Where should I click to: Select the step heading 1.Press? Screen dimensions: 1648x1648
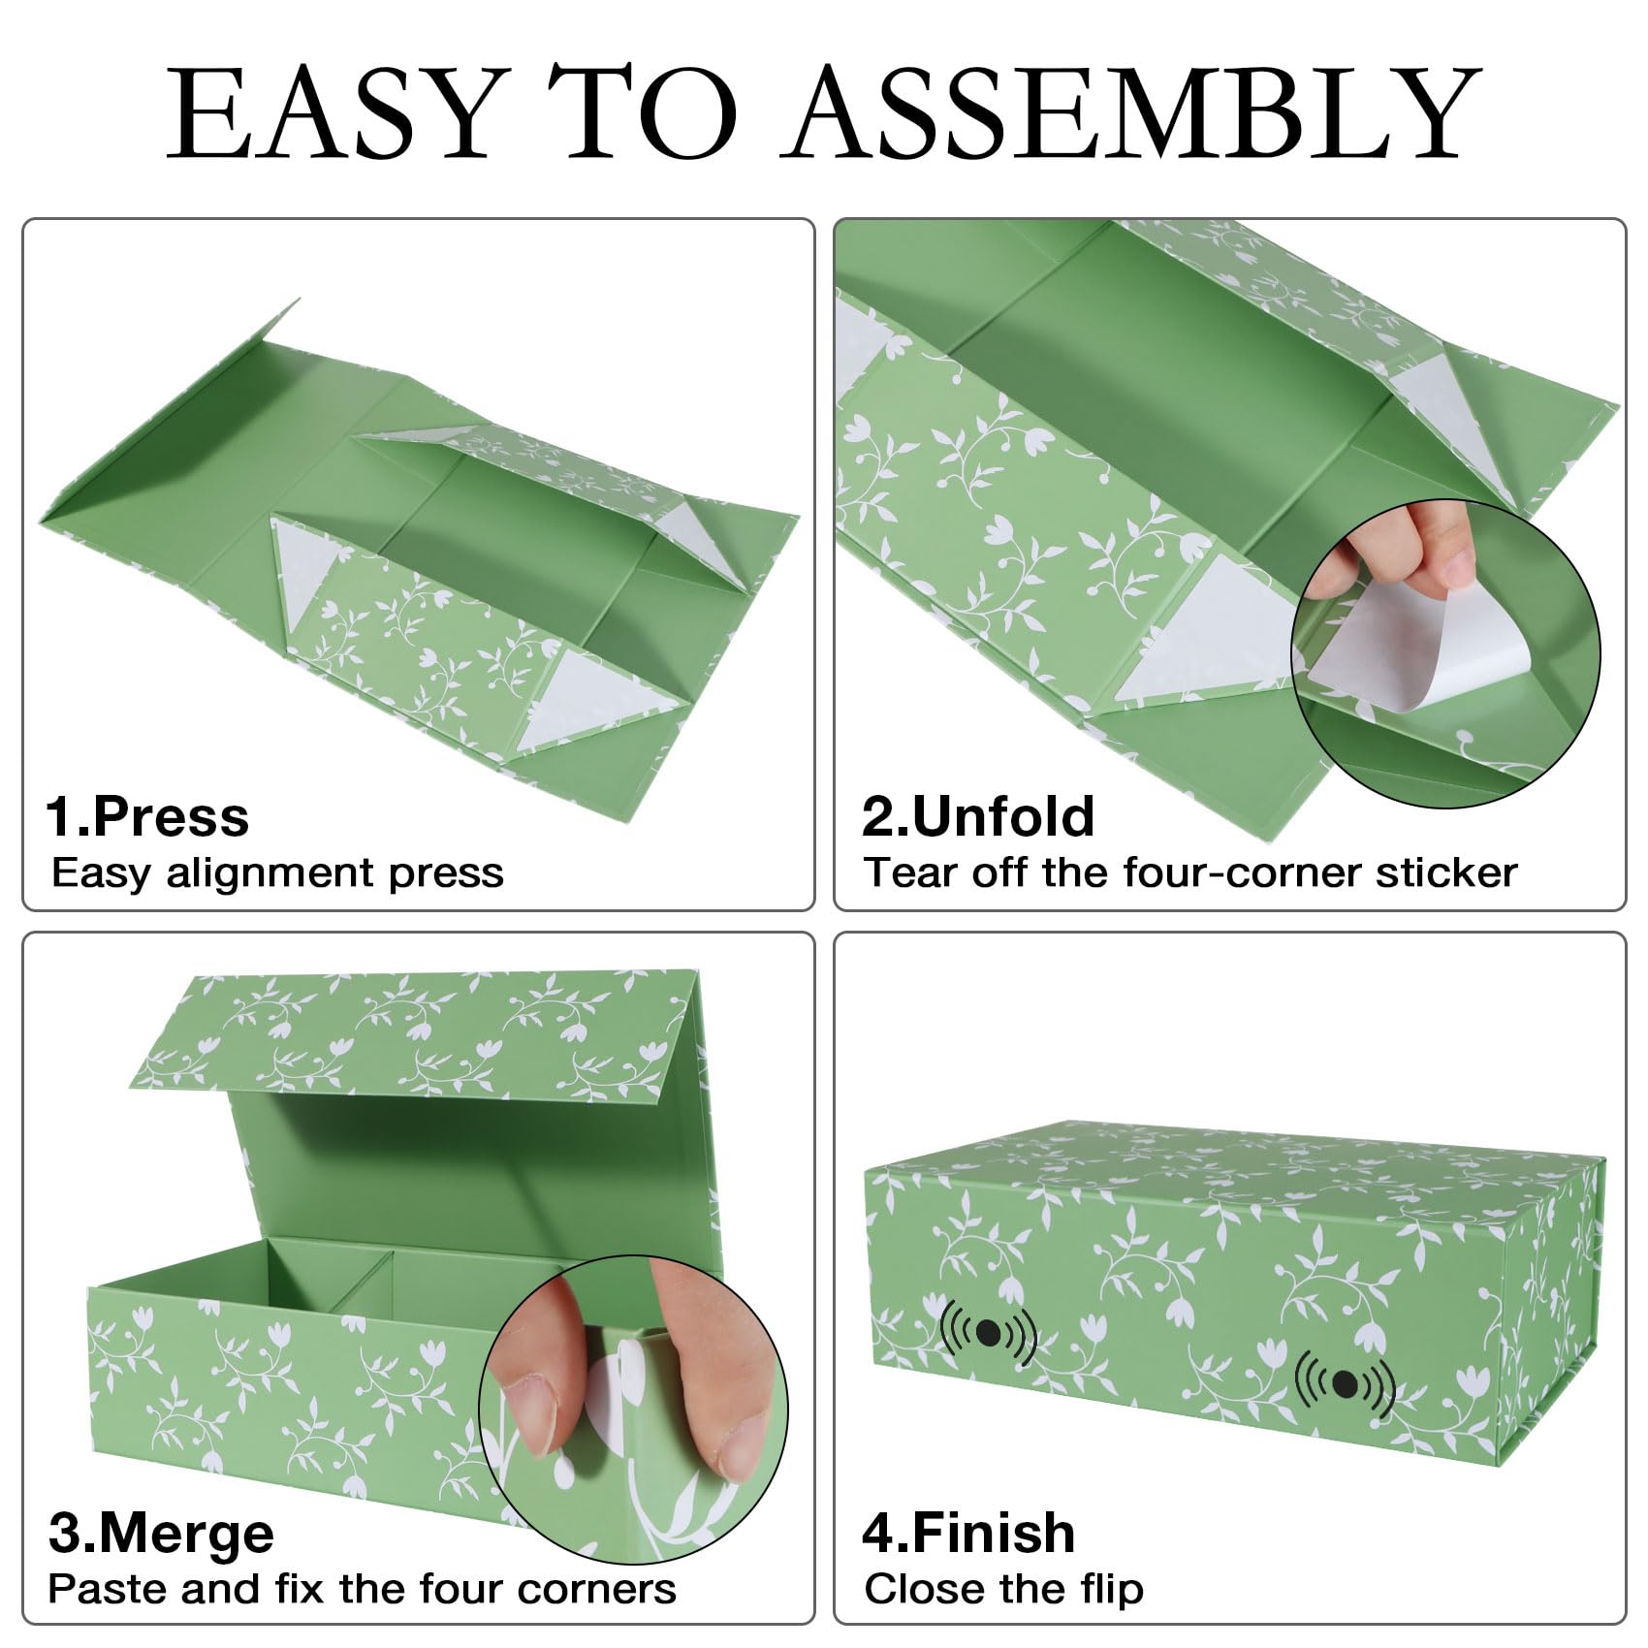pos(147,817)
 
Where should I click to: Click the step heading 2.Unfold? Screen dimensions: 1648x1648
pos(978,817)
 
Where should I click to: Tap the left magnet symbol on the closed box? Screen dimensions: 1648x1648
pos(989,1334)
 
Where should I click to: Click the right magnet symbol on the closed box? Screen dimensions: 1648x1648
pos(1345,1384)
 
